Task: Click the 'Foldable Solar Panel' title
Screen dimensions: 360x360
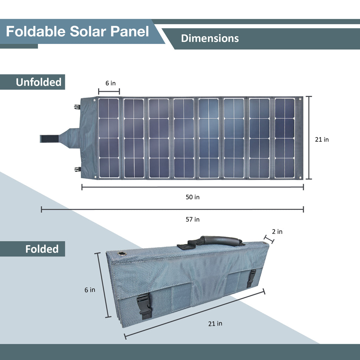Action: coord(77,32)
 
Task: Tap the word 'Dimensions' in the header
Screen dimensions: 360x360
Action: coord(210,38)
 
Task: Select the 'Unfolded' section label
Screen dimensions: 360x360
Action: coord(38,82)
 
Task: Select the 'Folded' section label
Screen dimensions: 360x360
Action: coord(41,249)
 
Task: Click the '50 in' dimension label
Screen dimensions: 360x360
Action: coord(192,197)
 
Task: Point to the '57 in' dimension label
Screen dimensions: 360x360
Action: coord(192,219)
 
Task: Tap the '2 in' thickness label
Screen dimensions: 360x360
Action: coord(277,232)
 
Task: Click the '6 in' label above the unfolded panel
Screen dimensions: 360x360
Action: coord(110,83)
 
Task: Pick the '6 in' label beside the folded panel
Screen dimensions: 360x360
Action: coord(90,290)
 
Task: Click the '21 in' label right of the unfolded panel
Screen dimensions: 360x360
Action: coord(322,140)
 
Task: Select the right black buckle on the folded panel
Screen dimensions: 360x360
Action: coord(251,278)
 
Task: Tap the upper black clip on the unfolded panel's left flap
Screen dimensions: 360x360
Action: coord(77,107)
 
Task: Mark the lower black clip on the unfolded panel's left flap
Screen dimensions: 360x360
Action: coord(77,169)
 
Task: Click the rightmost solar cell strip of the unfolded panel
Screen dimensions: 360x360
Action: coord(285,138)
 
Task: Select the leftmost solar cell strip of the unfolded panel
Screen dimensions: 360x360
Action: coord(109,138)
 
